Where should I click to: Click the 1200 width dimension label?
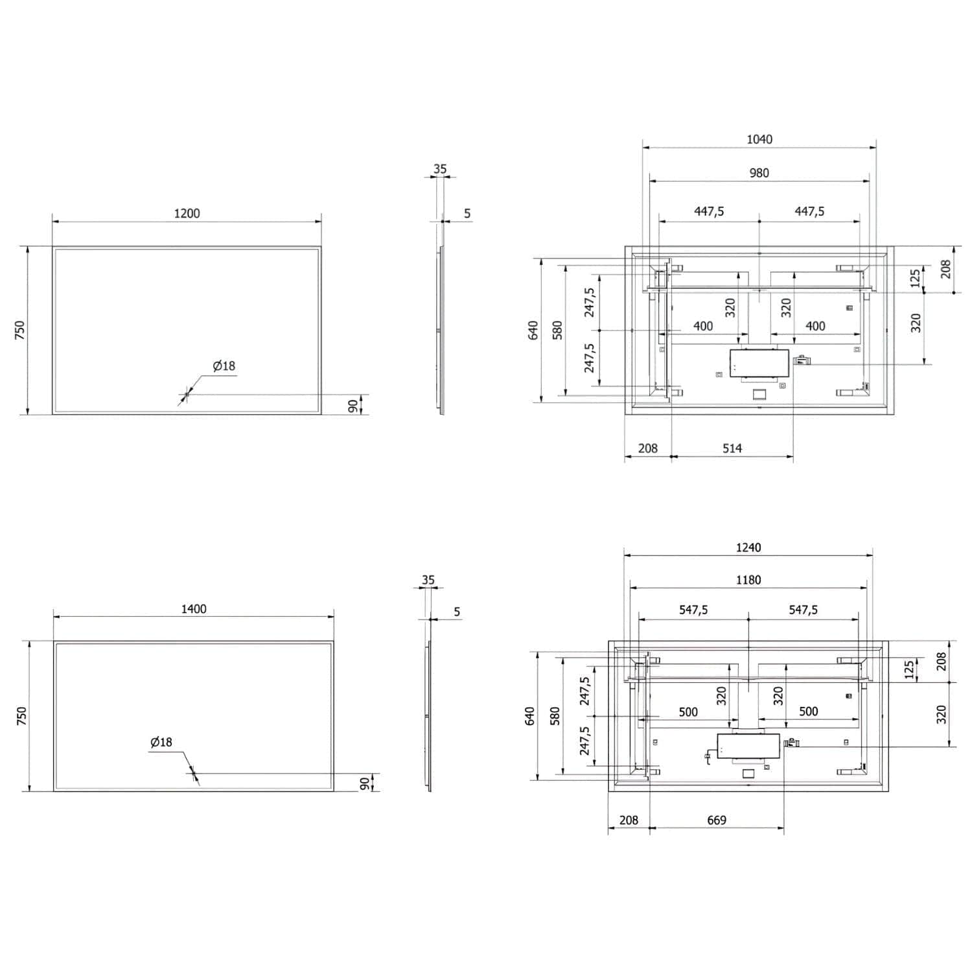pos(187,213)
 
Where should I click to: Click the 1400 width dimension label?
pos(194,608)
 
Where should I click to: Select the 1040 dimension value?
pos(759,139)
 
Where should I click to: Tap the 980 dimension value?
pos(759,173)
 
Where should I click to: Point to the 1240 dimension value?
pos(748,548)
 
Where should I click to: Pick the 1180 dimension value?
pos(748,580)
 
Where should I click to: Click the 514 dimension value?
pos(732,448)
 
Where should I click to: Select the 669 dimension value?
pos(717,820)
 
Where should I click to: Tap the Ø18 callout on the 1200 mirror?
pos(224,366)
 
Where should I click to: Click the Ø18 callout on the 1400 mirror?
pos(161,742)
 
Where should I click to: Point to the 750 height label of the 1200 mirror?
pos(20,330)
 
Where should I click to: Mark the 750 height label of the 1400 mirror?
pos(21,716)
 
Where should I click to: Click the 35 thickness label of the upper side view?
pos(440,169)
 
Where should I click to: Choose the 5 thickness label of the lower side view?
pos(457,612)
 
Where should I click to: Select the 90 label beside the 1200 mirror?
pos(353,406)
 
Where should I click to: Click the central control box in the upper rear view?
pos(759,363)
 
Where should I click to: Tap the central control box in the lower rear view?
pos(748,746)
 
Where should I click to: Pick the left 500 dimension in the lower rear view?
pos(688,712)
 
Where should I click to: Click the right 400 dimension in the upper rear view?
pos(815,327)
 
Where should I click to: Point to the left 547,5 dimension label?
pos(693,610)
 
